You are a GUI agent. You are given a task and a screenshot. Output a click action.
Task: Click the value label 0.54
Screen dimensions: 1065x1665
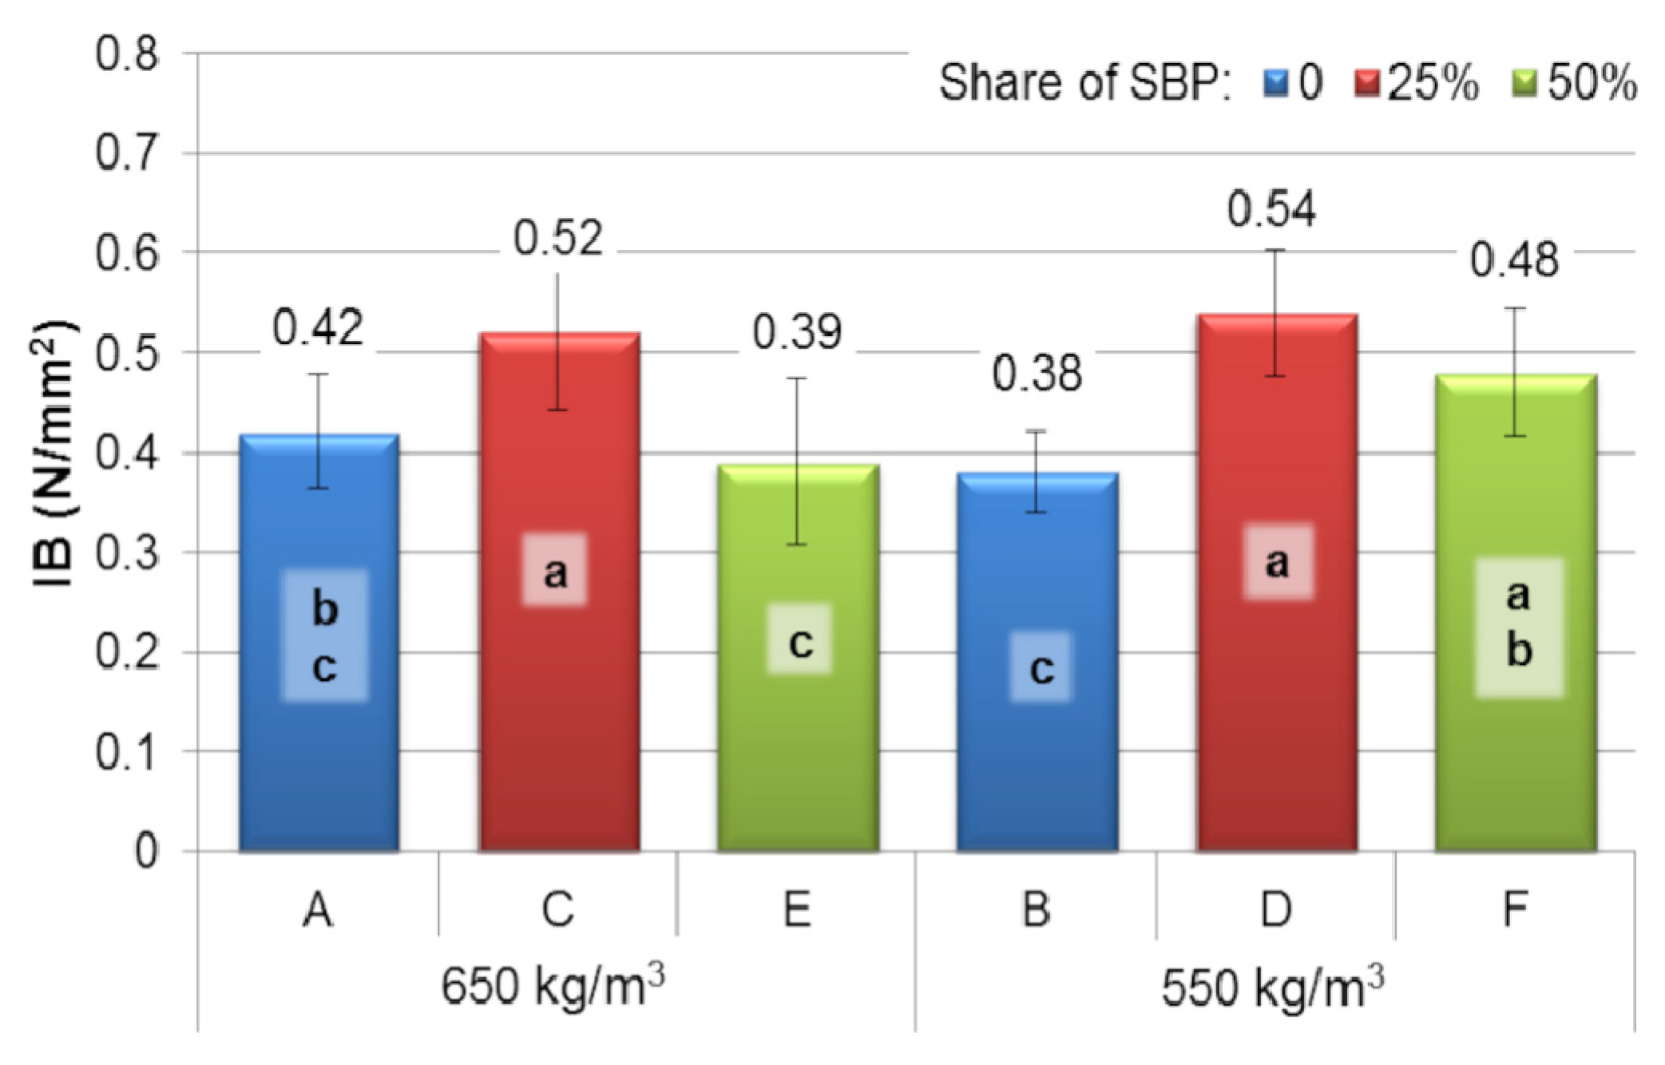tap(1271, 210)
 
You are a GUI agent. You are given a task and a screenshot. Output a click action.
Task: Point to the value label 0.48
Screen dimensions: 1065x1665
tap(1514, 261)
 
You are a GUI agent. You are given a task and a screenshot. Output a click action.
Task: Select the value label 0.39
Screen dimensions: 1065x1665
tap(797, 332)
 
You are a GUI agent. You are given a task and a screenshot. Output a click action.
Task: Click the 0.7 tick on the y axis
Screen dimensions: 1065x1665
tap(127, 153)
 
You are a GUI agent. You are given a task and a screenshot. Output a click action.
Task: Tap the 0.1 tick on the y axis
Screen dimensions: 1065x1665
tap(127, 752)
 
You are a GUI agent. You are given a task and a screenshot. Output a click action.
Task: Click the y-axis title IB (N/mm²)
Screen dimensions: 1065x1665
tap(54, 453)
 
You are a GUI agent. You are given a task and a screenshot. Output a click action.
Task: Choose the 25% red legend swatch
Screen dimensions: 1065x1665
tap(1366, 83)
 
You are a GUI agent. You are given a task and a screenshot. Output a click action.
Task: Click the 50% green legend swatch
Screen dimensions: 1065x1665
tap(1524, 83)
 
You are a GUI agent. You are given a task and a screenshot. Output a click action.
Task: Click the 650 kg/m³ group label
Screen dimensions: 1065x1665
tap(553, 987)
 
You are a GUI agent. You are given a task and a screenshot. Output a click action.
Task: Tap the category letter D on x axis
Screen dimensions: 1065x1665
tap(1276, 909)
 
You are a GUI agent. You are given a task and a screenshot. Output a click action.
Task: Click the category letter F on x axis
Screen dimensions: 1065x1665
tap(1515, 909)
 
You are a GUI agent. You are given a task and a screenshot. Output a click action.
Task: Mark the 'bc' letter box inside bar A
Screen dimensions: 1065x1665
tap(324, 635)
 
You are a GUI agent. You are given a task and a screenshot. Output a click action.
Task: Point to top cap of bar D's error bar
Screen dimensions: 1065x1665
tap(1276, 251)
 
